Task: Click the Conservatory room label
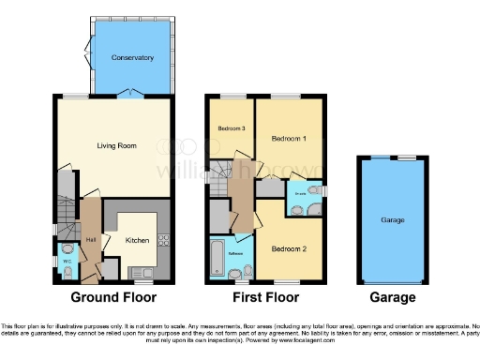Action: pyautogui.click(x=132, y=58)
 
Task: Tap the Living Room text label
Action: pyautogui.click(x=118, y=145)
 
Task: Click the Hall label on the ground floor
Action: pyautogui.click(x=92, y=239)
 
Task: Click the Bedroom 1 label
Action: pyautogui.click(x=289, y=138)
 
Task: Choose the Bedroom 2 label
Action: pyautogui.click(x=289, y=248)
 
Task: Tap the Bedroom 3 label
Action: pyautogui.click(x=231, y=128)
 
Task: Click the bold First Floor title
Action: pyautogui.click(x=265, y=297)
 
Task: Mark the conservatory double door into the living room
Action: pyautogui.click(x=132, y=94)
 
